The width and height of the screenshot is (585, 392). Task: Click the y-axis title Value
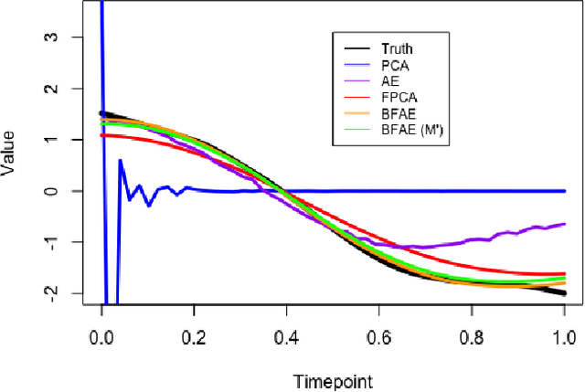[10, 165]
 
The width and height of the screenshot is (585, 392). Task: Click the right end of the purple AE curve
[564, 224]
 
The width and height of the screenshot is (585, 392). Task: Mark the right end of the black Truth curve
[564, 292]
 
